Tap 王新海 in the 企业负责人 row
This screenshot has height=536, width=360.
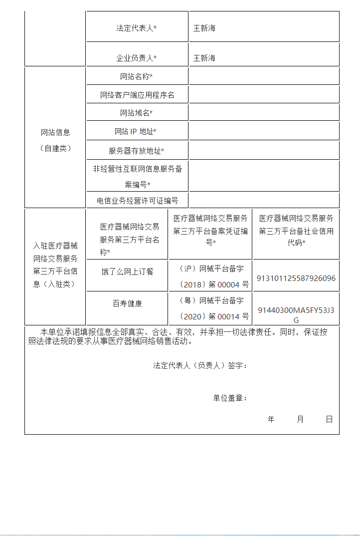click(204, 58)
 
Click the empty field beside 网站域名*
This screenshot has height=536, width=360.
click(264, 113)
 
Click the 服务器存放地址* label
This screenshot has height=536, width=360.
click(137, 151)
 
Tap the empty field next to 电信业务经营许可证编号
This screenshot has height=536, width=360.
click(264, 200)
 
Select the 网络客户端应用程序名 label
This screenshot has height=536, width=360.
click(137, 95)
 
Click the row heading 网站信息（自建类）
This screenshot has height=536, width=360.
click(55, 140)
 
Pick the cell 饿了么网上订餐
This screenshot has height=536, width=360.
click(127, 271)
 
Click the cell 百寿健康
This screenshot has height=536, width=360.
click(127, 303)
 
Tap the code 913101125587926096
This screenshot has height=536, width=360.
click(296, 278)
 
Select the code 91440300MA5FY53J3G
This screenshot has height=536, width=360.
click(296, 315)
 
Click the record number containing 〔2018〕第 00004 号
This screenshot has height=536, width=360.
click(210, 276)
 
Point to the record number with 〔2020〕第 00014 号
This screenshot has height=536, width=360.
click(210, 308)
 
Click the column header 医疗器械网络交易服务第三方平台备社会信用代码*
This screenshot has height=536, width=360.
click(296, 231)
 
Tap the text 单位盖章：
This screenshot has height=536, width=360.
click(230, 398)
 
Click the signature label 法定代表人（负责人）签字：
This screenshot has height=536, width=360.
click(200, 366)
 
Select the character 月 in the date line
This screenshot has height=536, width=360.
click(300, 419)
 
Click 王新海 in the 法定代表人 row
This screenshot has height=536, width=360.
click(204, 28)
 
